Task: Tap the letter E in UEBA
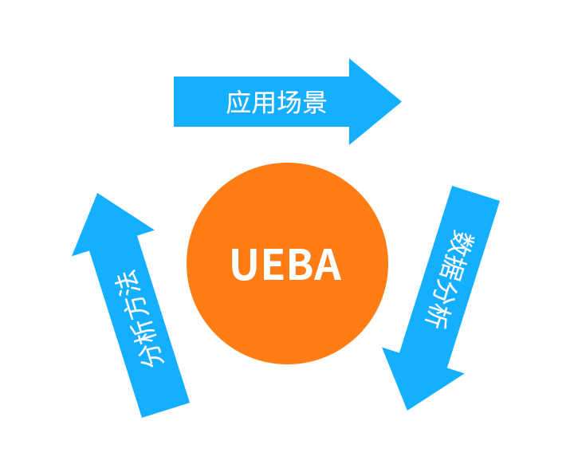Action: coord(275,265)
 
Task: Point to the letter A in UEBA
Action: coord(327,265)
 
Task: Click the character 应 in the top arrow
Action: coord(239,103)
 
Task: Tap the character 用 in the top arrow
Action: coord(264,103)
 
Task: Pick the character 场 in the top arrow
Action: coord(289,103)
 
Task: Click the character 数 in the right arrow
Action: coord(465,241)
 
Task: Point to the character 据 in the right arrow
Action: coord(456,267)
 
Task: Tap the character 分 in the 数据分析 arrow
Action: coord(447,293)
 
